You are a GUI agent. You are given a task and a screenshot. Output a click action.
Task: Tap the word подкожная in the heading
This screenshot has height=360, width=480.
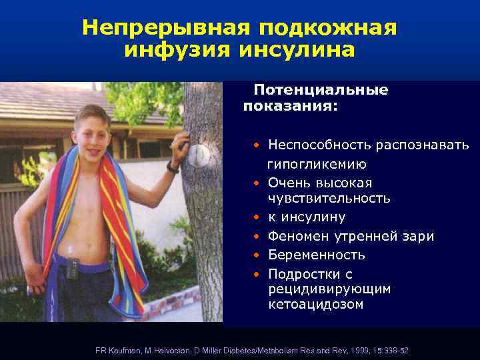click(327, 27)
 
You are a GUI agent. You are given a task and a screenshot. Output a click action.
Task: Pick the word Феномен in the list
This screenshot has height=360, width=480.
click(296, 236)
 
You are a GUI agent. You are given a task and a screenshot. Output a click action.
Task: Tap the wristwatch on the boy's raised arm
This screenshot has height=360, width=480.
click(173, 167)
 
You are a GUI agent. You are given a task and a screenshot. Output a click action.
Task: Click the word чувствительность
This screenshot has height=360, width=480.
click(329, 199)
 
